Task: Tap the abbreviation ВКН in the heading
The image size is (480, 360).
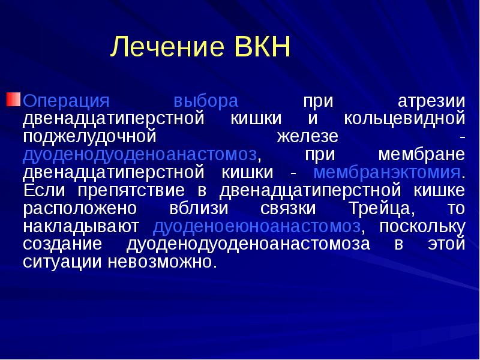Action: tap(260, 48)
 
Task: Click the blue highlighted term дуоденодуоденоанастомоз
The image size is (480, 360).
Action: tap(140, 155)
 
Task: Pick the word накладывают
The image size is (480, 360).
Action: tap(81, 227)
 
